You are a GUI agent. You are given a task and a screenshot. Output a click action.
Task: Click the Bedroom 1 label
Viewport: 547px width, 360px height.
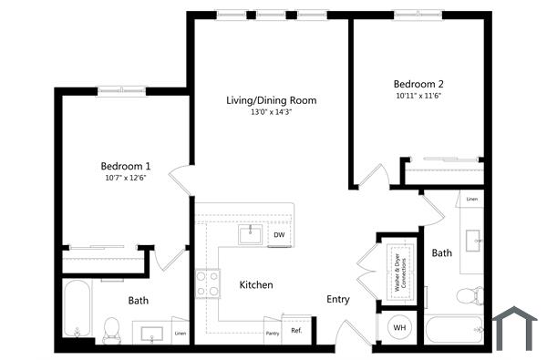click(x=125, y=166)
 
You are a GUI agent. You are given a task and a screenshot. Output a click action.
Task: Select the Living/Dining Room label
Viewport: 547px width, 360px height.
click(x=271, y=100)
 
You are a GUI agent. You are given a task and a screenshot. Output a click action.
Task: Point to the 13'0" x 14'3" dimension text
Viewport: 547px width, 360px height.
click(x=271, y=113)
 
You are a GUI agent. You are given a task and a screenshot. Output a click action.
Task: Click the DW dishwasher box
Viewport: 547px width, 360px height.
click(x=278, y=235)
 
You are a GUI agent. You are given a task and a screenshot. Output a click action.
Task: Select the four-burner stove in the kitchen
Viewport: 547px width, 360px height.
click(x=208, y=283)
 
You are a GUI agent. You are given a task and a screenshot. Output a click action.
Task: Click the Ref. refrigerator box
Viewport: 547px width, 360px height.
click(x=297, y=330)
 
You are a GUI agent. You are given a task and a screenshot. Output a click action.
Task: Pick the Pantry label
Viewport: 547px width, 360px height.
click(x=272, y=334)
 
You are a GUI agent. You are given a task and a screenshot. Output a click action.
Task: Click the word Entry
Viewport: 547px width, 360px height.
click(x=338, y=299)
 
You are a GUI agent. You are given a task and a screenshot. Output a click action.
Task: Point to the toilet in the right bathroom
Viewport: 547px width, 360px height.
click(x=468, y=295)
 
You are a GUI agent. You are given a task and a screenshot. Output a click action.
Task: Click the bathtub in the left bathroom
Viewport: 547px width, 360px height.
click(x=77, y=309)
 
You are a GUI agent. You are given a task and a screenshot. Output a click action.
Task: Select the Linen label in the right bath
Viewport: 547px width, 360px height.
click(x=471, y=199)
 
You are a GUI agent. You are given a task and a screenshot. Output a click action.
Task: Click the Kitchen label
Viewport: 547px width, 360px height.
click(x=256, y=285)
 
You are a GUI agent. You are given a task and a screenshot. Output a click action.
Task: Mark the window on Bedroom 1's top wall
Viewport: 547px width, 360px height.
click(x=123, y=89)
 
